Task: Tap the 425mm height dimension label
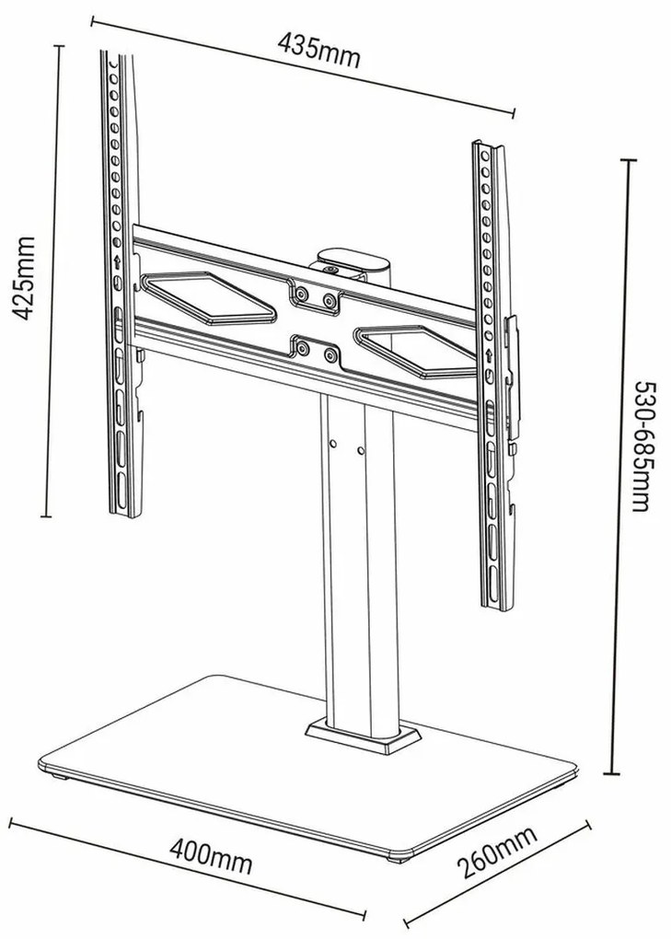coord(28,277)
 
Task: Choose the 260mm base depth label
coord(497,864)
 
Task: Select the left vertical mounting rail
coord(122,276)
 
